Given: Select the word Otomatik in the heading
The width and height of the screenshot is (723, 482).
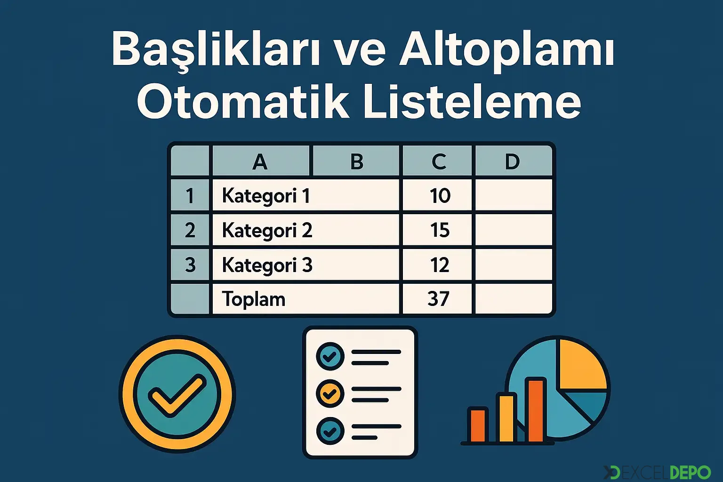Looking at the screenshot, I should pyautogui.click(x=243, y=103).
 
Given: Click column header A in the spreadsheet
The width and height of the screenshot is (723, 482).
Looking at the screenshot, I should pyautogui.click(x=260, y=162).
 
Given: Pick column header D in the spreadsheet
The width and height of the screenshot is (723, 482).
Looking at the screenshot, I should pyautogui.click(x=512, y=162).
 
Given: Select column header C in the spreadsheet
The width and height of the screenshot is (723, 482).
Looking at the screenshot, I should pyautogui.click(x=439, y=162).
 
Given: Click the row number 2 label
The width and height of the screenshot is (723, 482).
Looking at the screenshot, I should pyautogui.click(x=190, y=230).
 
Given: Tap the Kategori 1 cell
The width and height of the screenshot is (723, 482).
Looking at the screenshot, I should pyautogui.click(x=266, y=196).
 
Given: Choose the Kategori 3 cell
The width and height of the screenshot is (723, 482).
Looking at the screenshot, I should pyautogui.click(x=267, y=265).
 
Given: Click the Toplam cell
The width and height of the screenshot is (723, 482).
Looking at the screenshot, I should pyautogui.click(x=254, y=299).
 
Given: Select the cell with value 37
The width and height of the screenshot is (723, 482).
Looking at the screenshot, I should pyautogui.click(x=438, y=299).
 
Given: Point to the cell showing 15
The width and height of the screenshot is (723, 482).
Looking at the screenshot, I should pyautogui.click(x=440, y=230).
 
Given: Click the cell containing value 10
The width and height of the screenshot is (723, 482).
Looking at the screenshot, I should pyautogui.click(x=440, y=196).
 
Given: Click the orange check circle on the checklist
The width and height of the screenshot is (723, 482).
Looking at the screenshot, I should pyautogui.click(x=330, y=393).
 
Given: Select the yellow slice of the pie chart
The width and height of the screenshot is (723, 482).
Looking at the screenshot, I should pyautogui.click(x=581, y=365).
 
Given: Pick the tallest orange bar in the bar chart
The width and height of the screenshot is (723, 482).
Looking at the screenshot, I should pyautogui.click(x=536, y=410).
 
